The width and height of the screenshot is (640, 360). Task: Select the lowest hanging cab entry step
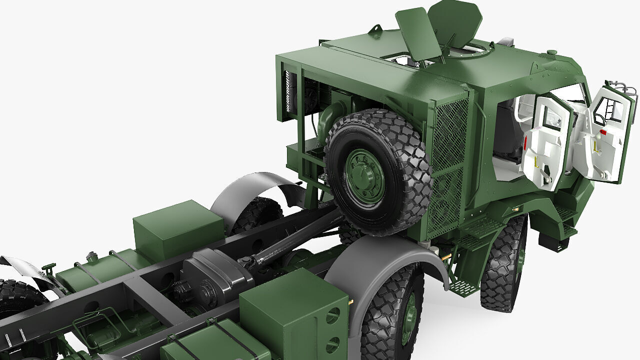click(462, 287)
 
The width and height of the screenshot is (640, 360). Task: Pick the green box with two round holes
click(295, 312)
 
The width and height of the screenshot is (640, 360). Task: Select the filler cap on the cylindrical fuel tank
click(91, 257)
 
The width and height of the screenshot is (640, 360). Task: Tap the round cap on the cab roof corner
click(551, 52)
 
